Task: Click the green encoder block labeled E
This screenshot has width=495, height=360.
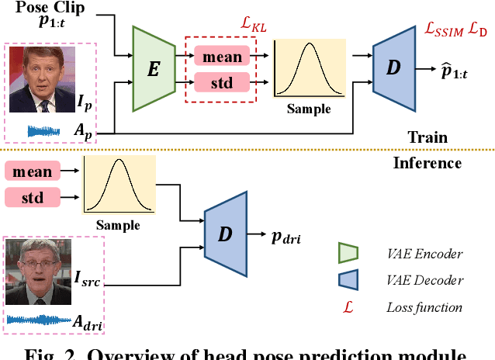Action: click(154, 68)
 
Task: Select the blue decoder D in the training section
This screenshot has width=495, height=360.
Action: click(393, 68)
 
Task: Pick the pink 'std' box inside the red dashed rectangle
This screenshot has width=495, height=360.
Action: click(221, 81)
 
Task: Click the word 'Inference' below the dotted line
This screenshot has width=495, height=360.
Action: click(427, 163)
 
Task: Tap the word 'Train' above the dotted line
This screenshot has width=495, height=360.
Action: click(427, 137)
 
